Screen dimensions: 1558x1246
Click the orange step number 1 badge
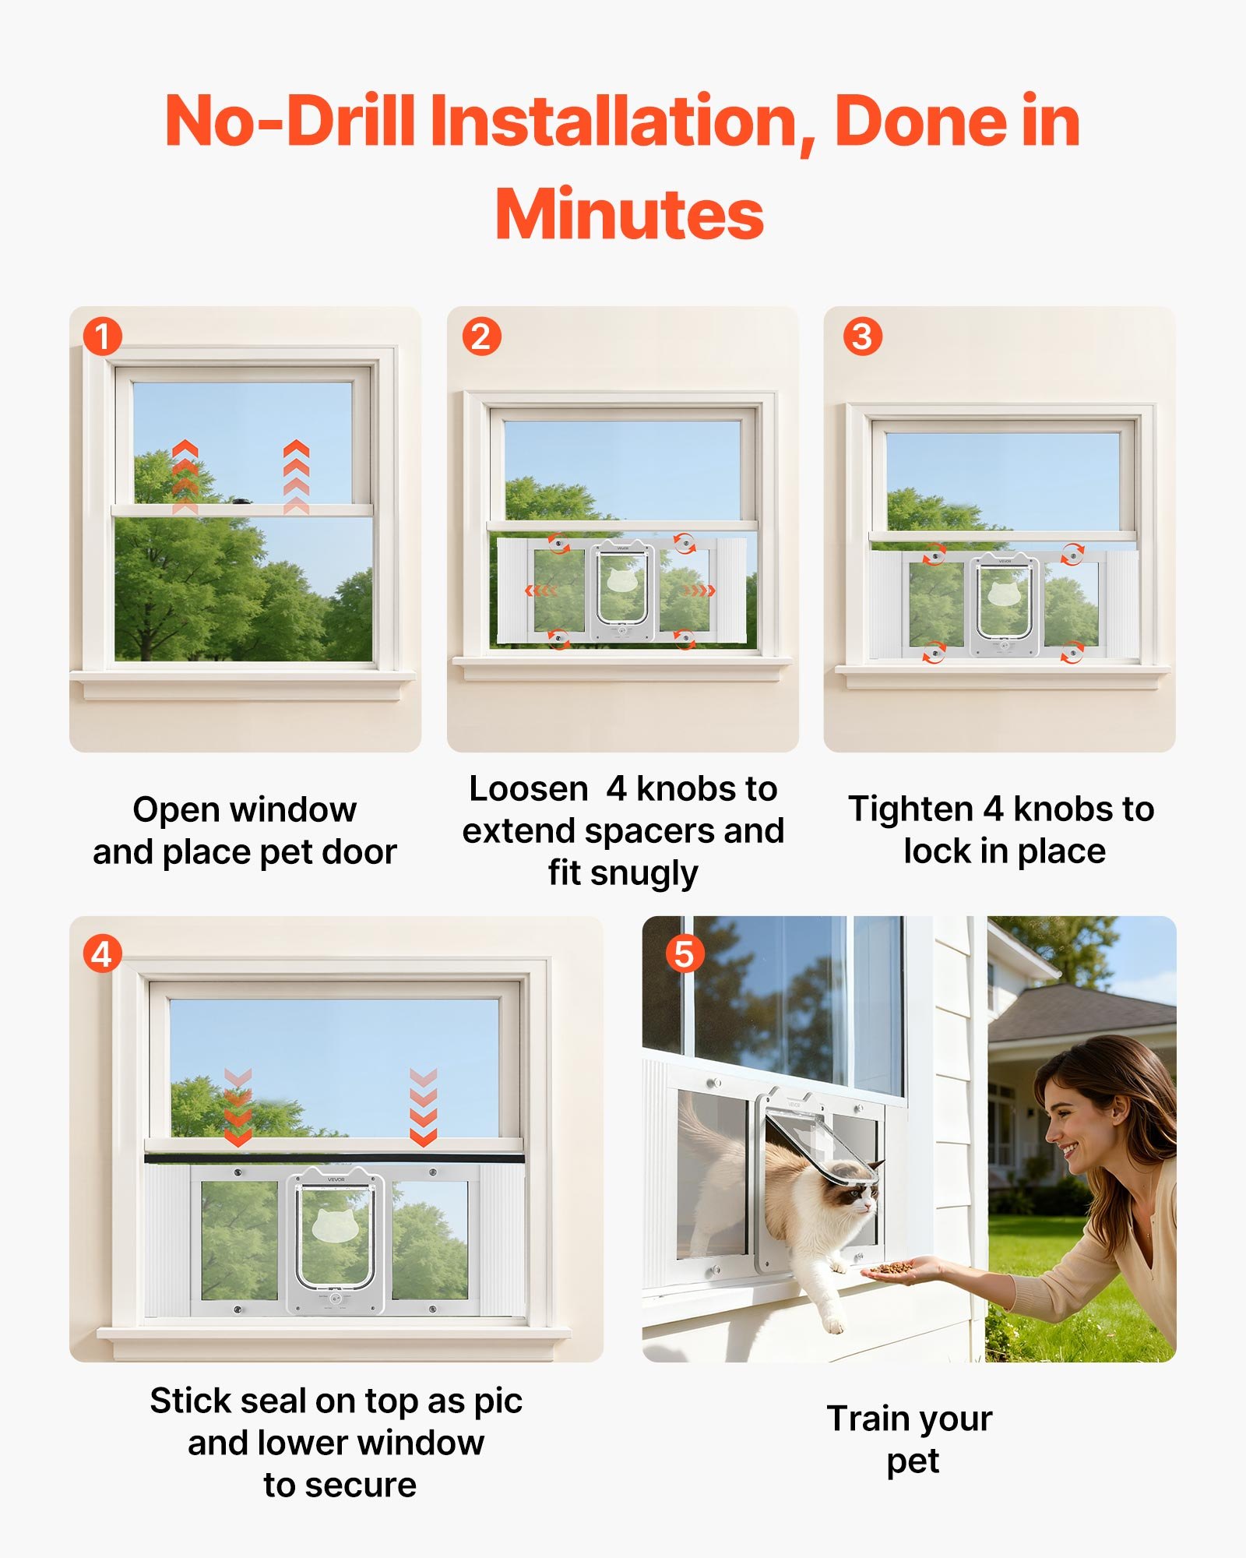coord(102,337)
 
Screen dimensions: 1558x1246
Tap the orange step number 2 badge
coord(481,337)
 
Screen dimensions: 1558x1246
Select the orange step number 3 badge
coord(862,337)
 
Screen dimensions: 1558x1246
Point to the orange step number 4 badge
coord(102,953)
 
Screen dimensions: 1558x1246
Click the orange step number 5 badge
coord(685,953)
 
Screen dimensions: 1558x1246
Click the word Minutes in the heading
coord(629,215)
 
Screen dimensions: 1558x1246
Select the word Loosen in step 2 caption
coord(528,789)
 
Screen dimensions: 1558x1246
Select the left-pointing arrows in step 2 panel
coord(540,590)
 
